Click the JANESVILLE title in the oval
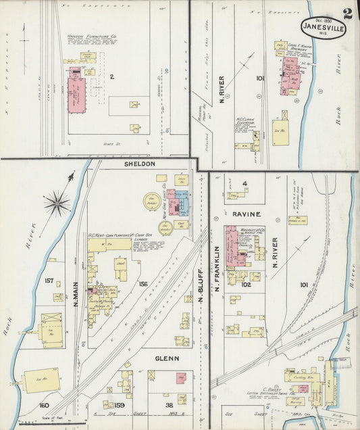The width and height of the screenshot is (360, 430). tap(323, 28)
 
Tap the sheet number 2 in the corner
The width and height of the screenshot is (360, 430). tap(347, 13)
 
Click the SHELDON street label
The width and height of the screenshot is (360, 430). tap(139, 164)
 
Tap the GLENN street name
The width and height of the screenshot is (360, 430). tap(167, 358)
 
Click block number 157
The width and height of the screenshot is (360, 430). tap(49, 280)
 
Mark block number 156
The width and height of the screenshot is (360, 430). tap(143, 284)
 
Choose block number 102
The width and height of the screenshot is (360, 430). tap(246, 285)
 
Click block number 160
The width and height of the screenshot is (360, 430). tap(44, 405)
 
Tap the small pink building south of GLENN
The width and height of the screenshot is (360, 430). tap(181, 379)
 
